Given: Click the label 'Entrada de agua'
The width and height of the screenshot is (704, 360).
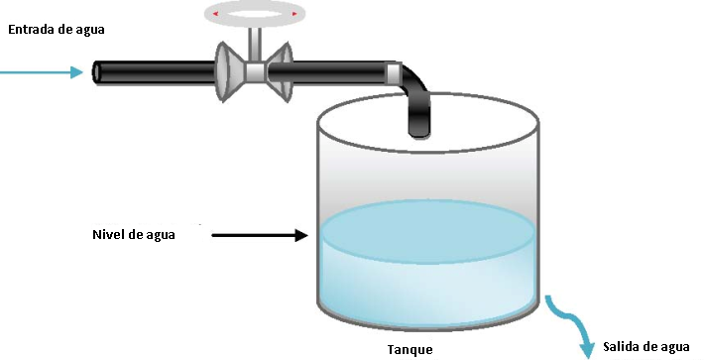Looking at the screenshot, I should (57, 29).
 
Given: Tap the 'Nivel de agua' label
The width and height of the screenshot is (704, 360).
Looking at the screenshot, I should (133, 235).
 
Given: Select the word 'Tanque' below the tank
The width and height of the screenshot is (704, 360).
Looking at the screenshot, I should (410, 348).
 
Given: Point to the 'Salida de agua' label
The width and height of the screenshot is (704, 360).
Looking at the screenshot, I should (645, 347).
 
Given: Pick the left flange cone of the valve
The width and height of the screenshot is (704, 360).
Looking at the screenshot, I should (231, 72).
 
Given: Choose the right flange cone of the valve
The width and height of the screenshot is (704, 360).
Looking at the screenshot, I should (280, 72).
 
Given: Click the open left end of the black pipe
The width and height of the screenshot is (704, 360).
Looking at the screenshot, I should (99, 72).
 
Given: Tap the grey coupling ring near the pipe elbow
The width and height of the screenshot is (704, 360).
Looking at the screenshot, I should (395, 72).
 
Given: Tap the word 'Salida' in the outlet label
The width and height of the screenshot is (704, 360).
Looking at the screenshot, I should (623, 347).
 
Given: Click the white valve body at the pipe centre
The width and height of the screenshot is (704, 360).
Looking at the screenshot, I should (256, 72).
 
